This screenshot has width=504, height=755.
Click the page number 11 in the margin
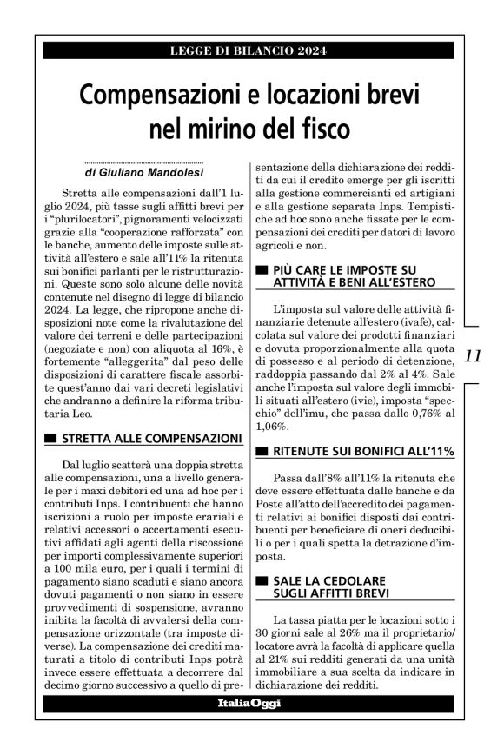(x=474, y=355)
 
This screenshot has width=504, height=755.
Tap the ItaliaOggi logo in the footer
(x=250, y=726)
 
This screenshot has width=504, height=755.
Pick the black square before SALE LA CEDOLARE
(x=262, y=579)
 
